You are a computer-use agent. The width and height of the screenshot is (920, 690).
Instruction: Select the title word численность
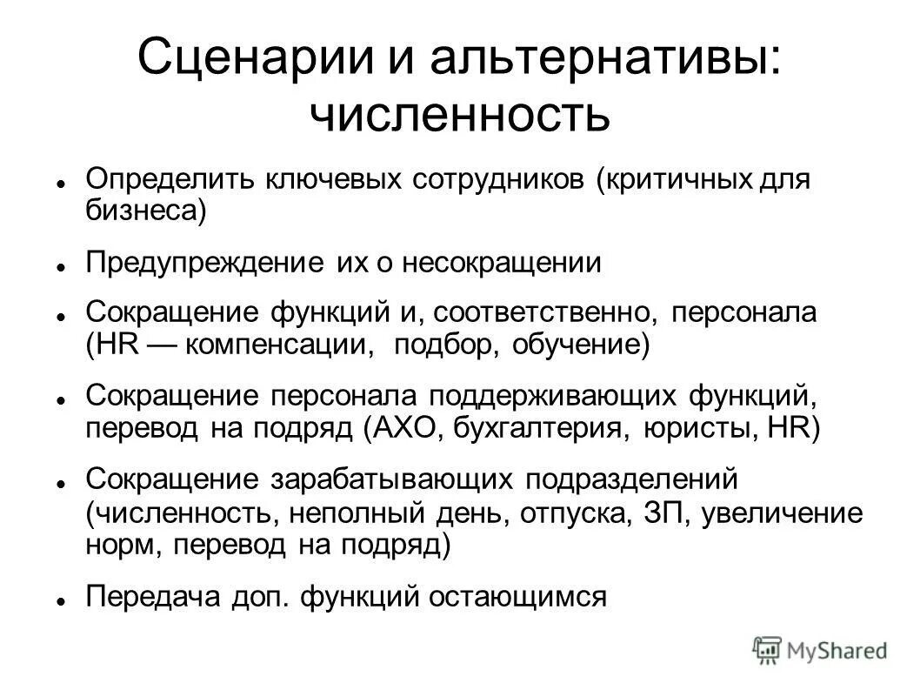[460, 116]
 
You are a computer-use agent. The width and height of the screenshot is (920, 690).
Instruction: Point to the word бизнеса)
[146, 211]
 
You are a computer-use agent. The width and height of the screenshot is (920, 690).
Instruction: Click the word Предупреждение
[207, 263]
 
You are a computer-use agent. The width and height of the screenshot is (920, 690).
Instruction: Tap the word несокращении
[502, 263]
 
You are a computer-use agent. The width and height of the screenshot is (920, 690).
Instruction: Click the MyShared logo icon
[768, 648]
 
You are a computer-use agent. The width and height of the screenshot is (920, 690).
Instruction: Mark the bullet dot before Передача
[63, 600]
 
